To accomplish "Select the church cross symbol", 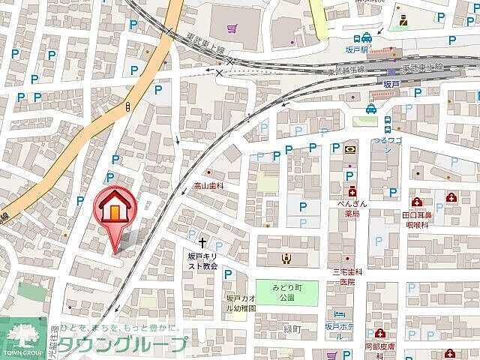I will [x=202, y=241].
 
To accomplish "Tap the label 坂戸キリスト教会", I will [x=202, y=260].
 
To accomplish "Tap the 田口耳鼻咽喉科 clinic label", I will [x=417, y=219].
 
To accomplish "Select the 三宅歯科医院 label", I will [x=347, y=277].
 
